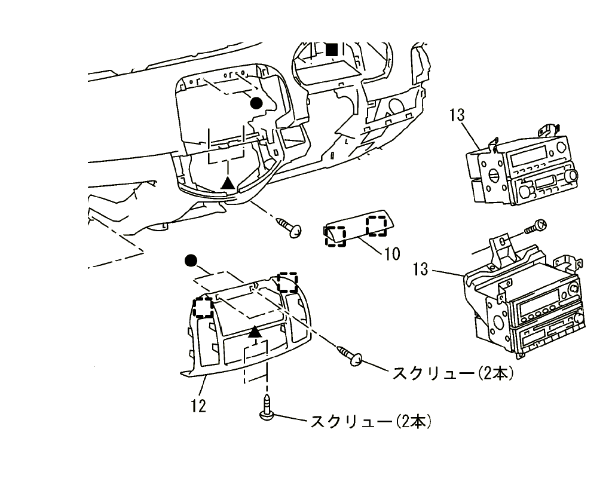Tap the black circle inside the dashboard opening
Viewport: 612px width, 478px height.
tap(256, 103)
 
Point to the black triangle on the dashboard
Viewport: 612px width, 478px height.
tap(227, 183)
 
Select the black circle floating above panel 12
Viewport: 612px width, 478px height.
tap(191, 260)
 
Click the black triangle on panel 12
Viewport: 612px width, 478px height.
tap(255, 331)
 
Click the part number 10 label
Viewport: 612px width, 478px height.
tap(391, 253)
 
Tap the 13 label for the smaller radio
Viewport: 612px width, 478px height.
tap(457, 115)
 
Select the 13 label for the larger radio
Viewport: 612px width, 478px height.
tap(421, 269)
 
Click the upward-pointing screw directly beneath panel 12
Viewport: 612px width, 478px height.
tap(267, 412)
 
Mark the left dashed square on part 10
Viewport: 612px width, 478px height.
tap(335, 236)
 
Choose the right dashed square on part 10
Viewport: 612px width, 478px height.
tap(377, 225)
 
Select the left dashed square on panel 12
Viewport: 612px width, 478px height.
tap(203, 307)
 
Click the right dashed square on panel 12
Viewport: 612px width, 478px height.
tap(287, 282)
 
